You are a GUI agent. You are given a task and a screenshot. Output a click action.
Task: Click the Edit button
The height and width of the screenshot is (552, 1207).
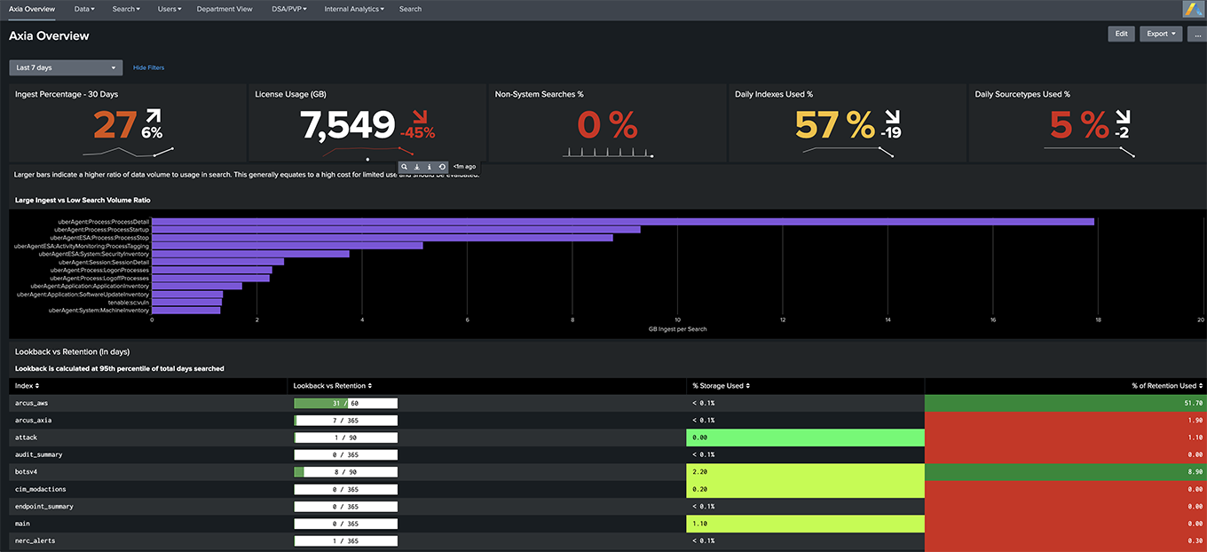click(x=1121, y=34)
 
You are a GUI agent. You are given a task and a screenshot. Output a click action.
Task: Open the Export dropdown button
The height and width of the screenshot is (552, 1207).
click(x=1161, y=34)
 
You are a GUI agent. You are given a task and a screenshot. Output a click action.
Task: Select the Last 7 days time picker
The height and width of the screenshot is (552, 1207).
click(x=66, y=67)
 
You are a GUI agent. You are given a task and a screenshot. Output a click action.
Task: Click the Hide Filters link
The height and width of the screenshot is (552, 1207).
click(x=148, y=67)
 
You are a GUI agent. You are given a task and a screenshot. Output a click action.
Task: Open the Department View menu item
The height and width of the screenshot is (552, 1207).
click(x=225, y=9)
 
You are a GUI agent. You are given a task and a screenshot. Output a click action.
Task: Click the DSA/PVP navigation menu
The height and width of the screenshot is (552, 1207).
click(x=289, y=9)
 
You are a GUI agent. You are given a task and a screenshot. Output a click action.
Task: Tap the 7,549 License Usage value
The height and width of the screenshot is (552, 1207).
click(x=347, y=125)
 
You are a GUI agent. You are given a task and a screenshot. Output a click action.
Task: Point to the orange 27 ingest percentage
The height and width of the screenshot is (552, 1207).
click(x=115, y=125)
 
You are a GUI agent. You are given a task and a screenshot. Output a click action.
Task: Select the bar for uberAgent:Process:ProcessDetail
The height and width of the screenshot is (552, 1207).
click(x=621, y=222)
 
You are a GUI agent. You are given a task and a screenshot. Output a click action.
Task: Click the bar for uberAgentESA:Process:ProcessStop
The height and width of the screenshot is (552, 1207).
click(x=382, y=238)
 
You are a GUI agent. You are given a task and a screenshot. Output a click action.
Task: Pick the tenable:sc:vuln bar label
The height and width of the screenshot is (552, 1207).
click(x=129, y=303)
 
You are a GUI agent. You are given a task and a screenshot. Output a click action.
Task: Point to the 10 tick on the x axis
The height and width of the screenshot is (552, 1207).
click(x=677, y=319)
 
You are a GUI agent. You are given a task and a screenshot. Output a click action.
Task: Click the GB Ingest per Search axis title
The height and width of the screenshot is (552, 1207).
click(x=677, y=329)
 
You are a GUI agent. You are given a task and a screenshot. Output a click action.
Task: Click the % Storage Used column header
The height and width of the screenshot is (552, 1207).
click(x=720, y=386)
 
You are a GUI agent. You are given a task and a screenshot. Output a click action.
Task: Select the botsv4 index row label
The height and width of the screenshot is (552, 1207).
click(x=27, y=472)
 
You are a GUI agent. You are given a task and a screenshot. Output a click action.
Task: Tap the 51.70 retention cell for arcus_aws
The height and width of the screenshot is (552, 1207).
click(x=1065, y=403)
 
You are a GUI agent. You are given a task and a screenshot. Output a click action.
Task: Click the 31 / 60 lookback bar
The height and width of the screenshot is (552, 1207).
click(x=345, y=403)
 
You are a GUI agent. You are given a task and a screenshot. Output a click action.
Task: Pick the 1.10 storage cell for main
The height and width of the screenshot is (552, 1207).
click(x=804, y=524)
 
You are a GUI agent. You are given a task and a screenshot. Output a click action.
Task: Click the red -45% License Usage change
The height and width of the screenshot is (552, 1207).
click(x=417, y=133)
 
